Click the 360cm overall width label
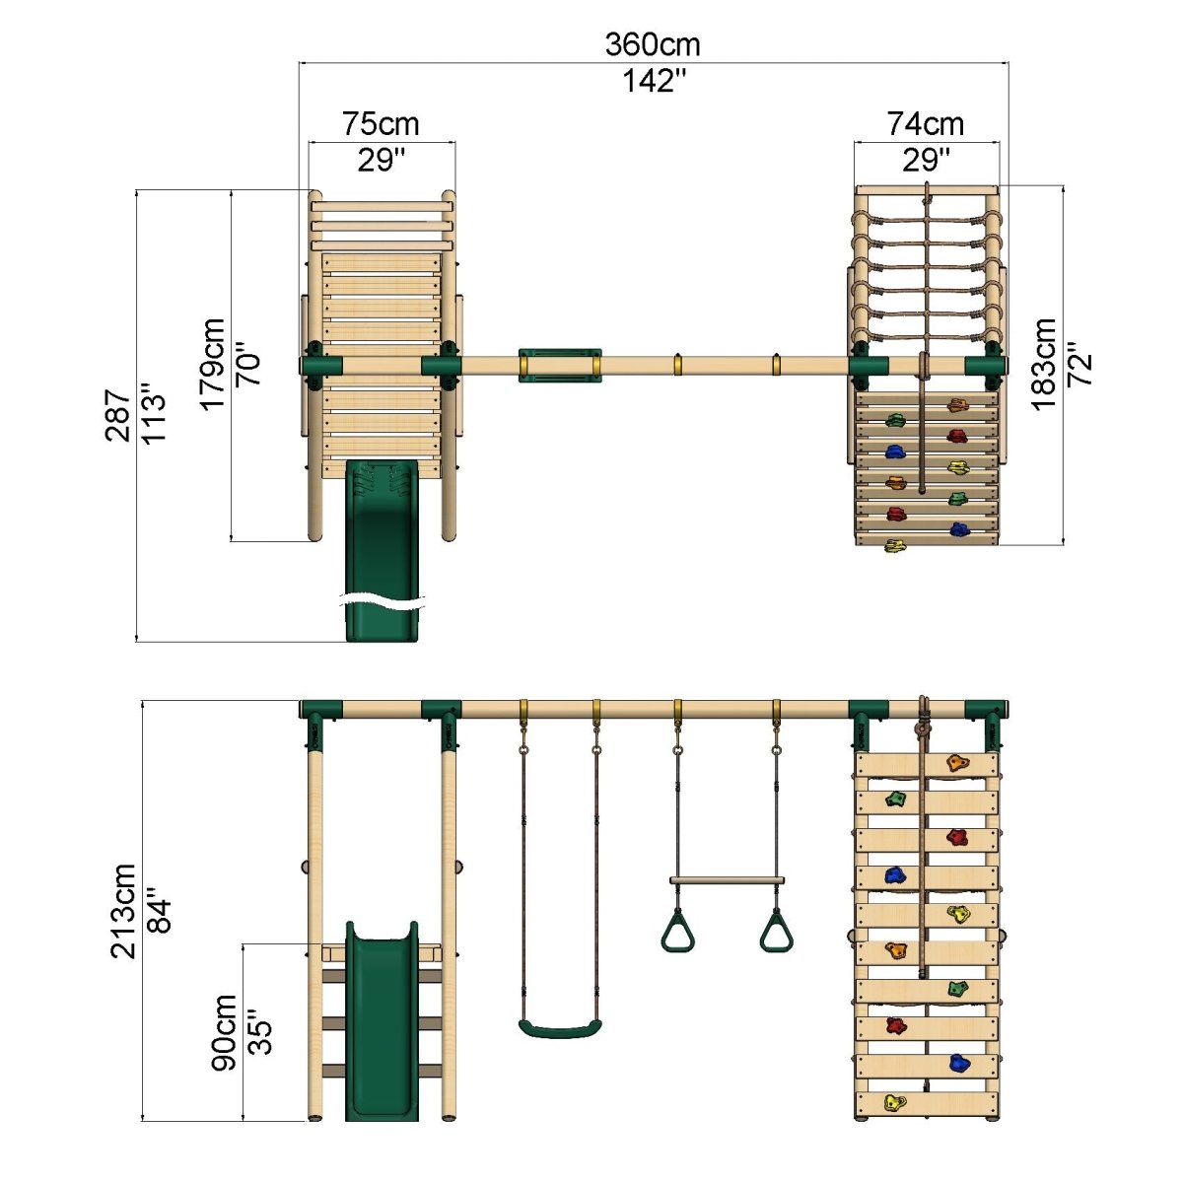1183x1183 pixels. point(652,44)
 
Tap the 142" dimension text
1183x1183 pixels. point(654,81)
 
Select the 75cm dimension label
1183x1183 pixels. point(381,124)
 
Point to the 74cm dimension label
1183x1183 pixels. point(925,124)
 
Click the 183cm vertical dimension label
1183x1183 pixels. point(1044,365)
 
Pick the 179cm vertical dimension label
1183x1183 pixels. point(212,365)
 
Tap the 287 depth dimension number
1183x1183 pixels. point(118,415)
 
